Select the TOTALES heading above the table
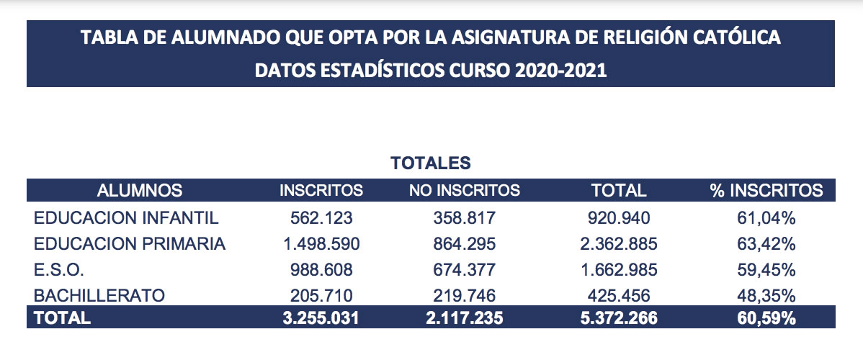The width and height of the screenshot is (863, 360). click(x=431, y=163)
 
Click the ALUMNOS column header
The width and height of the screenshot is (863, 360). click(x=140, y=191)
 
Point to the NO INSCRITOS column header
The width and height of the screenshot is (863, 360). click(x=465, y=191)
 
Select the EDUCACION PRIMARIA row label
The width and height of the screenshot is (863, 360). click(x=130, y=244)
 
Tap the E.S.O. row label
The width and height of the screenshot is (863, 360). click(x=60, y=270)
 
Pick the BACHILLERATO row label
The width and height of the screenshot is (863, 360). click(x=100, y=295)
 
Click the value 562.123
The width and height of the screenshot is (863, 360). click(x=321, y=217)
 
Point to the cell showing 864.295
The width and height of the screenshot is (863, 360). click(x=465, y=244)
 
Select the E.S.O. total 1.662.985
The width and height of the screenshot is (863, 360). click(x=619, y=270)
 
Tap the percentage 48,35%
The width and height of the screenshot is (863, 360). click(x=766, y=295)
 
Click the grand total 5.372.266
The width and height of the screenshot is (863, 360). click(x=619, y=318)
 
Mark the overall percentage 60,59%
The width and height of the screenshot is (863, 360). click(x=766, y=318)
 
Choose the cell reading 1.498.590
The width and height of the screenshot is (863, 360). click(x=321, y=244)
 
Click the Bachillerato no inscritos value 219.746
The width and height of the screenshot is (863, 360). click(x=465, y=295)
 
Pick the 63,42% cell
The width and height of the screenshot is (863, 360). click(x=766, y=244)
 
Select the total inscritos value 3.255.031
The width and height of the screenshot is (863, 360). click(x=321, y=318)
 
